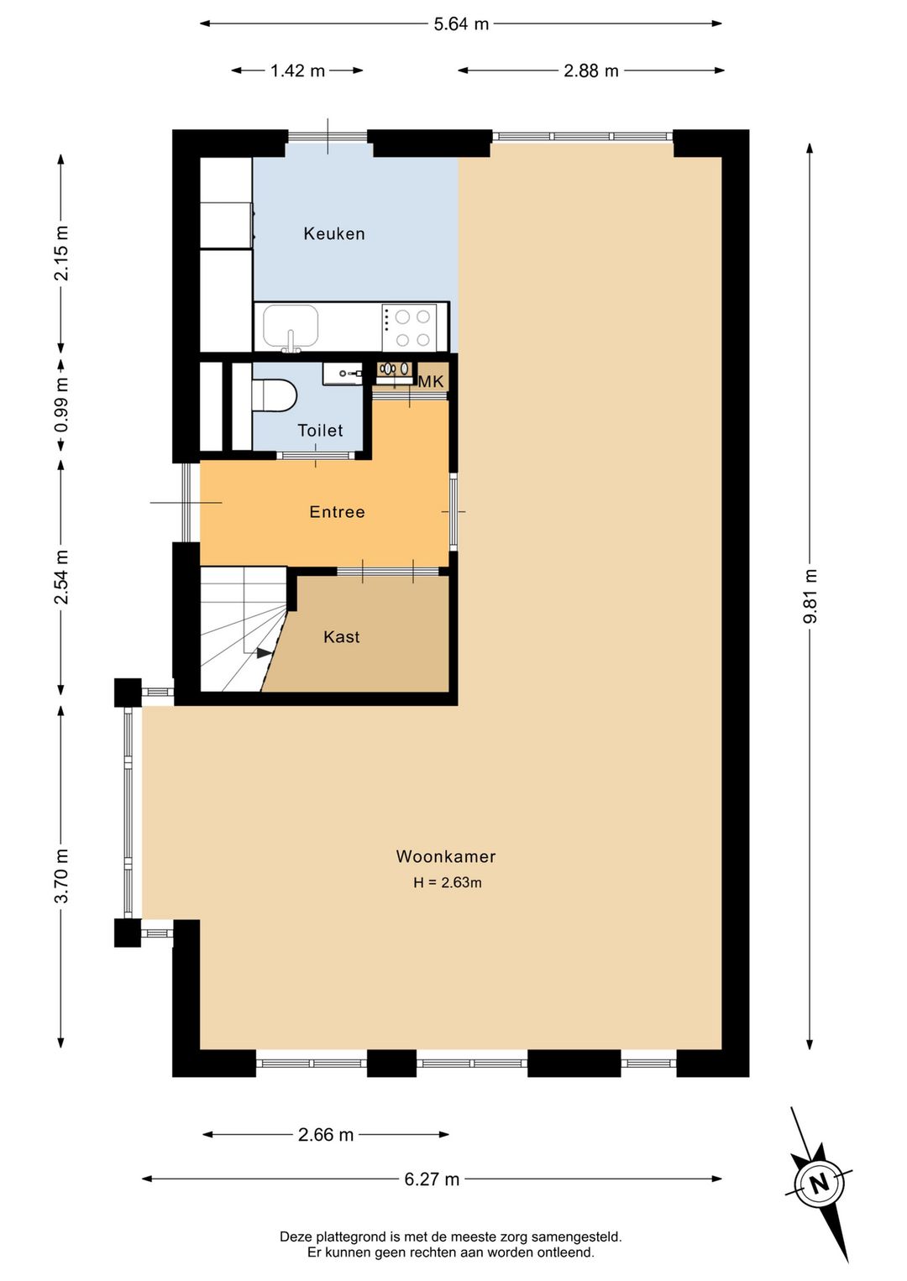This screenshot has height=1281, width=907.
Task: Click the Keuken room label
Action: click(x=334, y=233)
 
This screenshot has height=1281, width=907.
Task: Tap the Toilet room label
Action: click(x=320, y=430)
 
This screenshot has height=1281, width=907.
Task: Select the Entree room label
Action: click(x=337, y=511)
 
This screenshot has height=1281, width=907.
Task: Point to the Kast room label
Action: click(x=342, y=636)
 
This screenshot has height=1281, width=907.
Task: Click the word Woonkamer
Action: click(x=446, y=856)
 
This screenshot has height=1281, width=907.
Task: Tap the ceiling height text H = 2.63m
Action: click(x=448, y=882)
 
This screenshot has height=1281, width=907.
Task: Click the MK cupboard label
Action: click(x=431, y=381)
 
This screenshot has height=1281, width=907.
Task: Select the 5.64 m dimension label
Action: click(x=461, y=24)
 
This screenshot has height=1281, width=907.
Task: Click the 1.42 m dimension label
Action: click(x=297, y=71)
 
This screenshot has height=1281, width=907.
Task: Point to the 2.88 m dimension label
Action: click(x=591, y=71)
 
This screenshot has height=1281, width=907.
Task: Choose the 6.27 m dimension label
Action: click(x=432, y=1179)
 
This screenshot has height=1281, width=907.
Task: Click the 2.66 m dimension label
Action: click(x=326, y=1135)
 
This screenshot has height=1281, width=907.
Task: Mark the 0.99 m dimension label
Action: click(x=62, y=405)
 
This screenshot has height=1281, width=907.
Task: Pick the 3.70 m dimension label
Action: click(x=62, y=876)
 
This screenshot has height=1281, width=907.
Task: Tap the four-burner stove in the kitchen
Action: click(x=410, y=327)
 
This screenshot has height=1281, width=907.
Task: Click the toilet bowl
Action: click(x=275, y=395)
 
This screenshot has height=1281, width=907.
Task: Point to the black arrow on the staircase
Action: click(x=264, y=653)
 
